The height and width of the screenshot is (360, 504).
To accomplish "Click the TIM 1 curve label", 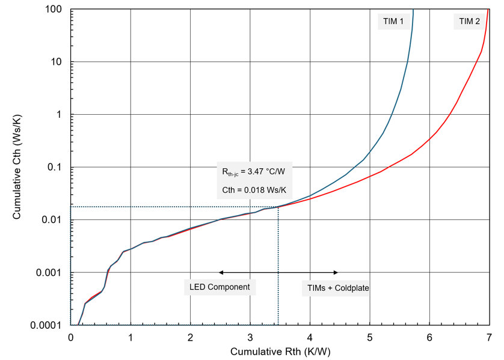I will click(393, 22).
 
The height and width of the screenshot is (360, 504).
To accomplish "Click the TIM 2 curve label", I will click(469, 22).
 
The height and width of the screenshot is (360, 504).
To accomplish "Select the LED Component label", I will click(220, 287).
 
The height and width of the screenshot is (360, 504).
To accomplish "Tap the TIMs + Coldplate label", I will click(335, 288).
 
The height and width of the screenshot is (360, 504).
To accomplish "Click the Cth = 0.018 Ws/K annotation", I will click(253, 191).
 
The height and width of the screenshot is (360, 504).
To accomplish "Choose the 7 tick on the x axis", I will click(488, 337).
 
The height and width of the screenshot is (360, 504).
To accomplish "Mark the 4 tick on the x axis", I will click(310, 337).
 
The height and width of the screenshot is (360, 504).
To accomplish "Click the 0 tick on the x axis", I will click(71, 337).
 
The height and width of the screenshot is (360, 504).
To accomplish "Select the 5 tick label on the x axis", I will click(369, 337).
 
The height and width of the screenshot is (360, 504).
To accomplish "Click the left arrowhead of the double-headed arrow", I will click(220, 272).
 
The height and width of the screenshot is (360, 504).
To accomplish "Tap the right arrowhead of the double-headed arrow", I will click(337, 272).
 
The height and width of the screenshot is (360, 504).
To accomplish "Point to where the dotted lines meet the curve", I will click(278, 207).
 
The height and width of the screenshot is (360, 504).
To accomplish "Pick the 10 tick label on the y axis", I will click(58, 62).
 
